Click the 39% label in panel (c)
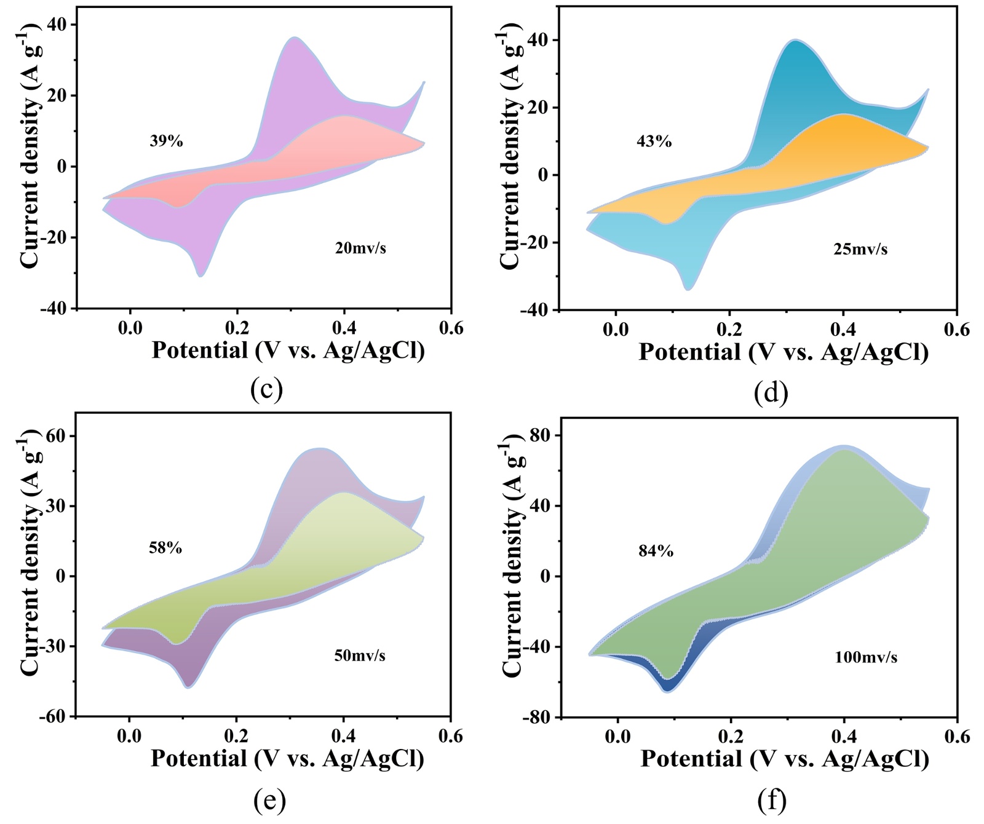pyautogui.click(x=166, y=141)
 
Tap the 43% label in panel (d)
pyautogui.click(x=654, y=142)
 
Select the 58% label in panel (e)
pyautogui.click(x=165, y=548)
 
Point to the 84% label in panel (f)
pyautogui.click(x=656, y=552)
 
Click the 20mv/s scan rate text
pyautogui.click(x=360, y=248)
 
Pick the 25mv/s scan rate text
pyautogui.click(x=860, y=250)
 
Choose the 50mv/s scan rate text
pyautogui.click(x=360, y=656)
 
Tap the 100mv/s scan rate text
pyautogui.click(x=865, y=657)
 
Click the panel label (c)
pyautogui.click(x=266, y=390)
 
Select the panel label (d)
pyautogui.click(x=771, y=392)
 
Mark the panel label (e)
pyautogui.click(x=269, y=799)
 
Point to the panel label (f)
pyautogui.click(x=772, y=800)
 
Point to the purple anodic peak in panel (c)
pyautogui.click(x=295, y=38)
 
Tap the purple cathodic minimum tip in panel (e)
pyautogui.click(x=188, y=686)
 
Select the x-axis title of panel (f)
pyautogui.click(x=784, y=759)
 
